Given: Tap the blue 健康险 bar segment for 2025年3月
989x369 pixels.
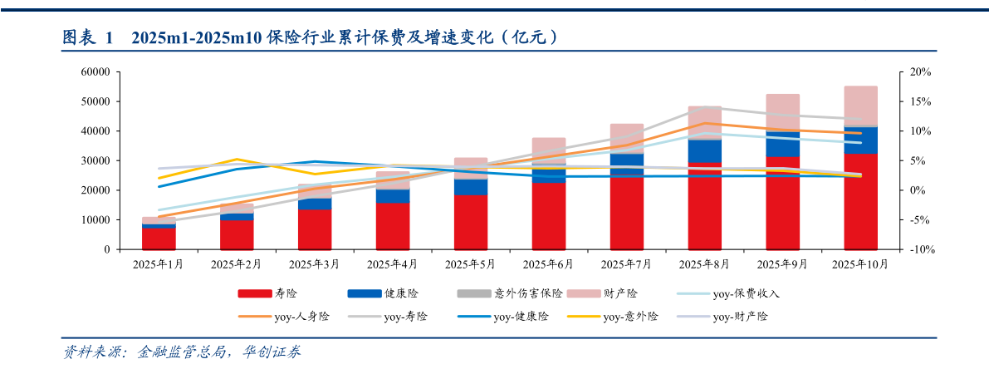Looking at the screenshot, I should [315, 204].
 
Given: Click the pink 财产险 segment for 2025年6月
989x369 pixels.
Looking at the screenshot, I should [548, 150].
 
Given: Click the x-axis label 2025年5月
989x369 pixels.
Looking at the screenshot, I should [471, 264].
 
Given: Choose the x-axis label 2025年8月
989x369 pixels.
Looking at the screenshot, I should [704, 264].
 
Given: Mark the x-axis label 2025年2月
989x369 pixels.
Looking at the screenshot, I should [237, 264].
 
